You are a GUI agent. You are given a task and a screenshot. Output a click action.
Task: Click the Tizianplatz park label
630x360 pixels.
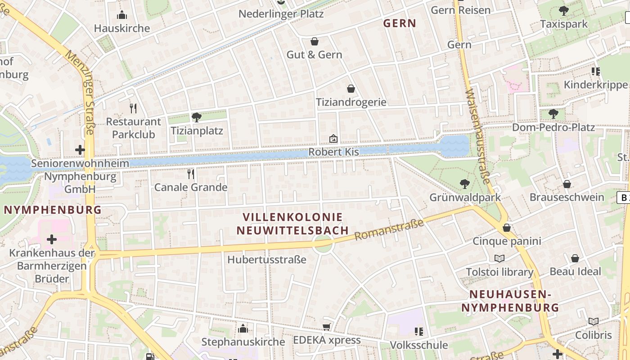coord(197,131)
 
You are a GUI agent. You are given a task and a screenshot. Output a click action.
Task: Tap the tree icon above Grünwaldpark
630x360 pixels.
coord(464,184)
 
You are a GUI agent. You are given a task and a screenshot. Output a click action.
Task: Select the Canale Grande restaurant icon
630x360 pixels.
coord(191,174)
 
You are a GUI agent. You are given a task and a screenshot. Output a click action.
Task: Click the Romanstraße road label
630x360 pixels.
coord(389,229)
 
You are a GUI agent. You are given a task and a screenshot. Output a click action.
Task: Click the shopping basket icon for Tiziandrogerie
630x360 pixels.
coord(351,89)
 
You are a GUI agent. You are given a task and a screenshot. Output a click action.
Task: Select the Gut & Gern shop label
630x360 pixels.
coord(314,55)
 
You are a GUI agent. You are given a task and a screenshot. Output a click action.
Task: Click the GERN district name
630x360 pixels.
coord(400,23)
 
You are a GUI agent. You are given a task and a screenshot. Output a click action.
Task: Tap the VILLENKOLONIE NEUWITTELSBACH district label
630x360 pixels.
coord(292,224)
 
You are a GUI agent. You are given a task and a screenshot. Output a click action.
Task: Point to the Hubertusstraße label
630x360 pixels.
coord(267,260)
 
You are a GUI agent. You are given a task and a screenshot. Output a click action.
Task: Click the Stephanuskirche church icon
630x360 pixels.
coord(243,328)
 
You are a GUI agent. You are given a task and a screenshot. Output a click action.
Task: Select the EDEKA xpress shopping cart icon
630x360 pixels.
coord(327,327)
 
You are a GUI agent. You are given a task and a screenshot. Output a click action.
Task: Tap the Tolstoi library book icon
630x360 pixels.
coord(499,258)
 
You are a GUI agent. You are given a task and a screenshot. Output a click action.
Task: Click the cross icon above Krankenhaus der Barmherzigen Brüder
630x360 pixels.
coord(52,239)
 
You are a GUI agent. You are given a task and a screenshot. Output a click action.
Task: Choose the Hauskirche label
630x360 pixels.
coord(122,28)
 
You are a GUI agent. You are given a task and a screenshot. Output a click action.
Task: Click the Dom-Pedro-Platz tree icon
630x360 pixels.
coord(553,114)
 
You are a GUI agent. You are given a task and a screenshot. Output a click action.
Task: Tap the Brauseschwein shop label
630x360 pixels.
coord(567,197)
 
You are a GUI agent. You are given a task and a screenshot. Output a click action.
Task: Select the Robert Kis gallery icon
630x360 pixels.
coord(333,138)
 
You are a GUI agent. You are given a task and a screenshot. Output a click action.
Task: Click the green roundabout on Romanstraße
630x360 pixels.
coord(323,245)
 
